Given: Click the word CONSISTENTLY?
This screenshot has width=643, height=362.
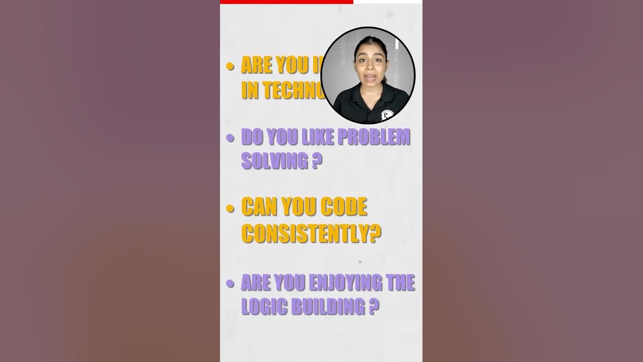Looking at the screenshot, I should (x=311, y=233).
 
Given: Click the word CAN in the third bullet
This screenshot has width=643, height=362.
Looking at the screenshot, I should (x=259, y=207).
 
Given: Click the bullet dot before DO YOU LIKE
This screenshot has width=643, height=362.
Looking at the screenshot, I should (x=231, y=138).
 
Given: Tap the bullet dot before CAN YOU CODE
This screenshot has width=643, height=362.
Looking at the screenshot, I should (x=231, y=208).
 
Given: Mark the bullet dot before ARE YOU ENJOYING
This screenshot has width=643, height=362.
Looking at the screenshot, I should (x=231, y=284).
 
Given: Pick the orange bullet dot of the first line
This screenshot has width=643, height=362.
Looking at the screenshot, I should (x=231, y=66).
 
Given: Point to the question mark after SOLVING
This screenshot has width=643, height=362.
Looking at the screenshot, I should (x=315, y=161).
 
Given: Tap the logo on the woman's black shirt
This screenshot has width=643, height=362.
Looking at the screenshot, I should (x=386, y=115).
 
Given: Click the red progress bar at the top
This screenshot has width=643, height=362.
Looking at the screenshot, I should (x=286, y=2).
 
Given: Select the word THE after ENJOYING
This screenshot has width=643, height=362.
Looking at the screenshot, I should (x=400, y=283).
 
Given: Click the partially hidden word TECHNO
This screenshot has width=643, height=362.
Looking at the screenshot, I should (x=282, y=89).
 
